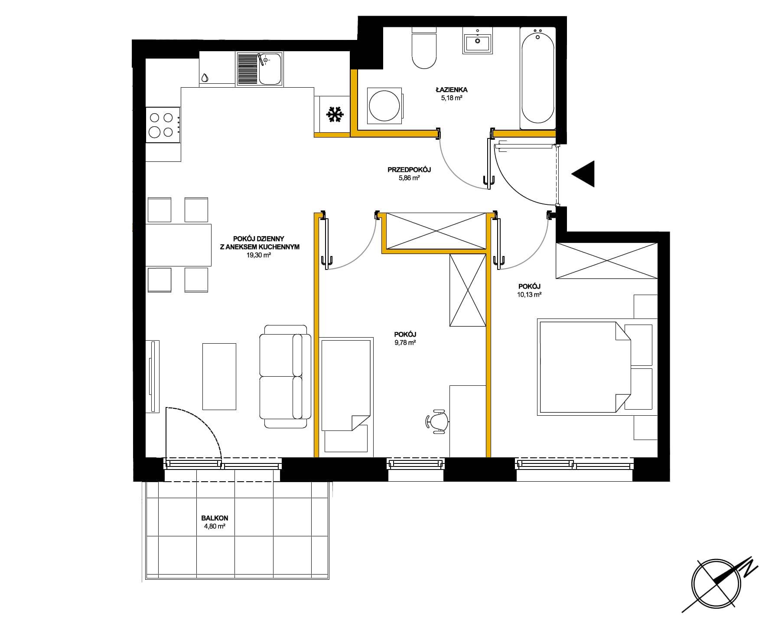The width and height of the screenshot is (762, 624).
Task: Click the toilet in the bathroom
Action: (423, 48)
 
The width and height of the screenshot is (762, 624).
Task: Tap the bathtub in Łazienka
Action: (537, 79)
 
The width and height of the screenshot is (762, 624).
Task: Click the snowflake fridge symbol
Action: (335, 115)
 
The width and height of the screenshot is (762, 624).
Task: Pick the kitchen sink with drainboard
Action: (260, 69)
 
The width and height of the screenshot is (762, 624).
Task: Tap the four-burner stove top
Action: (163, 125)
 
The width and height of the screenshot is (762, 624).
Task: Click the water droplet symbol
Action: (205, 78)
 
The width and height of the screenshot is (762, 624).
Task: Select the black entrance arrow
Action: (583, 174)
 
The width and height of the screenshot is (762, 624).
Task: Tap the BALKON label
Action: (215, 518)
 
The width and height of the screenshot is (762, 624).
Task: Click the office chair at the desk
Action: (437, 420)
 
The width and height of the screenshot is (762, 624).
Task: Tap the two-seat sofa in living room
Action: (285, 376)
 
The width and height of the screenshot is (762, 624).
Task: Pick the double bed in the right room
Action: (584, 367)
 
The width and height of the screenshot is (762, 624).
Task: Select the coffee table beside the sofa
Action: (219, 376)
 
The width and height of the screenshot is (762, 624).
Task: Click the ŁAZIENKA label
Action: (452, 90)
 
